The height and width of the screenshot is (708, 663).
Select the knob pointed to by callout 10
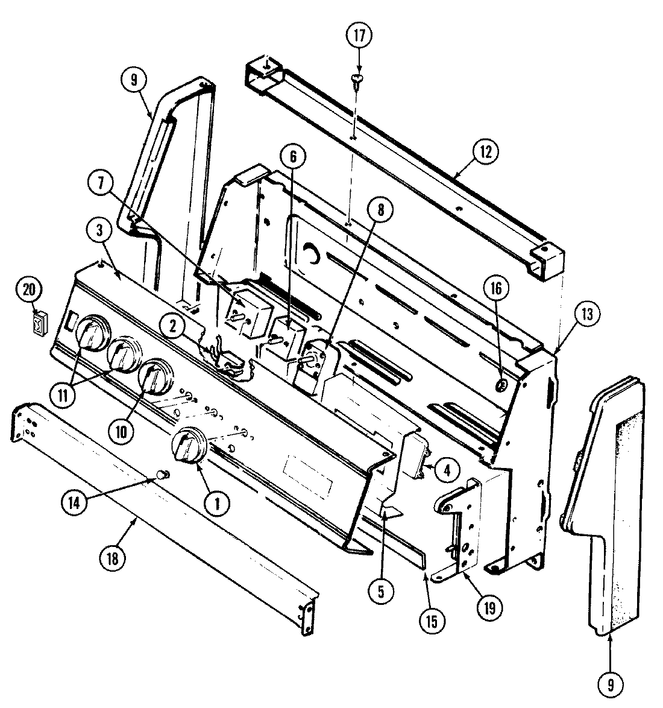click(x=154, y=378)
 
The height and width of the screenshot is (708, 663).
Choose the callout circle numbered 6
click(x=293, y=158)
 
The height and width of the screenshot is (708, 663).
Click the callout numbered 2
click(x=173, y=327)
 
